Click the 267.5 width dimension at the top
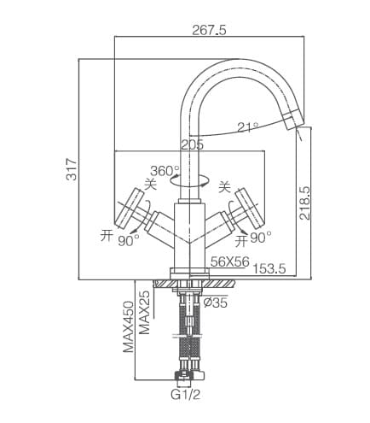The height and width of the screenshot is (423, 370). click(209, 30)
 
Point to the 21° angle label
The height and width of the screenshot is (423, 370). click(247, 127)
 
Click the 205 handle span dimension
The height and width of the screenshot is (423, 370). click(192, 144)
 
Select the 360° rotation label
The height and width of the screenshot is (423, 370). click(165, 171)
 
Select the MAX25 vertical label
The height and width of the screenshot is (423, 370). click(146, 312)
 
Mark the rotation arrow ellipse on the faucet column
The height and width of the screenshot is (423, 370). click(188, 181)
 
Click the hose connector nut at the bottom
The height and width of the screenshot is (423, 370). click(188, 375)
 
